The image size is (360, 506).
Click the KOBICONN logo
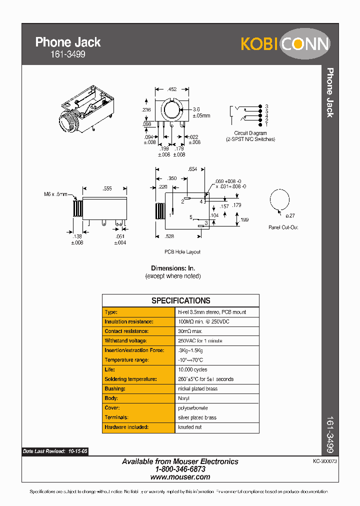click(285, 44)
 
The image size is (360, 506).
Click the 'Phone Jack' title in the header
click(68, 42)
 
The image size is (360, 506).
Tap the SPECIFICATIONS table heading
click(180, 300)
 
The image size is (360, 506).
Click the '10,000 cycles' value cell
click(192, 369)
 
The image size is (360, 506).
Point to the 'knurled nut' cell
click(190, 427)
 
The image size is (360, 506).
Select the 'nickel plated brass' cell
click(197, 388)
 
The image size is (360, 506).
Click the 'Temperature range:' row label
click(126, 360)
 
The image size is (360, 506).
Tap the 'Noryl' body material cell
click(183, 398)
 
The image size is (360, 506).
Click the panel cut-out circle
click(279, 200)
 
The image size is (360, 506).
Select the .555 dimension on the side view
click(106, 188)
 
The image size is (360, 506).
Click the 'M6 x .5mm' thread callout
click(55, 194)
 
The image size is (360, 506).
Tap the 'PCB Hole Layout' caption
click(182, 252)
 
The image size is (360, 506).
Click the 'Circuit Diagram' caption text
click(250, 134)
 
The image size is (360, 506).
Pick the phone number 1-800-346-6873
click(180, 469)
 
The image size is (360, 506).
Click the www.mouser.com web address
click(180, 477)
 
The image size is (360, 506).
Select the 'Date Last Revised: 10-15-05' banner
click(55, 451)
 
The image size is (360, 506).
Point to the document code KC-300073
click(325, 461)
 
